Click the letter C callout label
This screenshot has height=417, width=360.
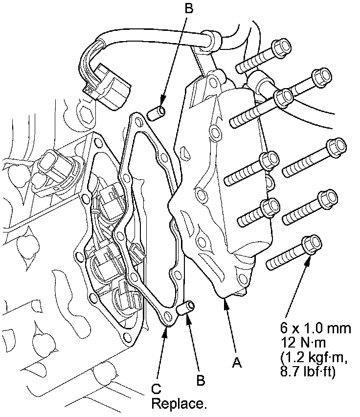(x=156, y=389)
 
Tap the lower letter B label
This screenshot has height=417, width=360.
(x=200, y=379)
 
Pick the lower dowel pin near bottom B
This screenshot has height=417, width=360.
(x=186, y=309)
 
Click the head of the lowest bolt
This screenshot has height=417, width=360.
(x=311, y=244)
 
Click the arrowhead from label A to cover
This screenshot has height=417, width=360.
(x=225, y=302)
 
